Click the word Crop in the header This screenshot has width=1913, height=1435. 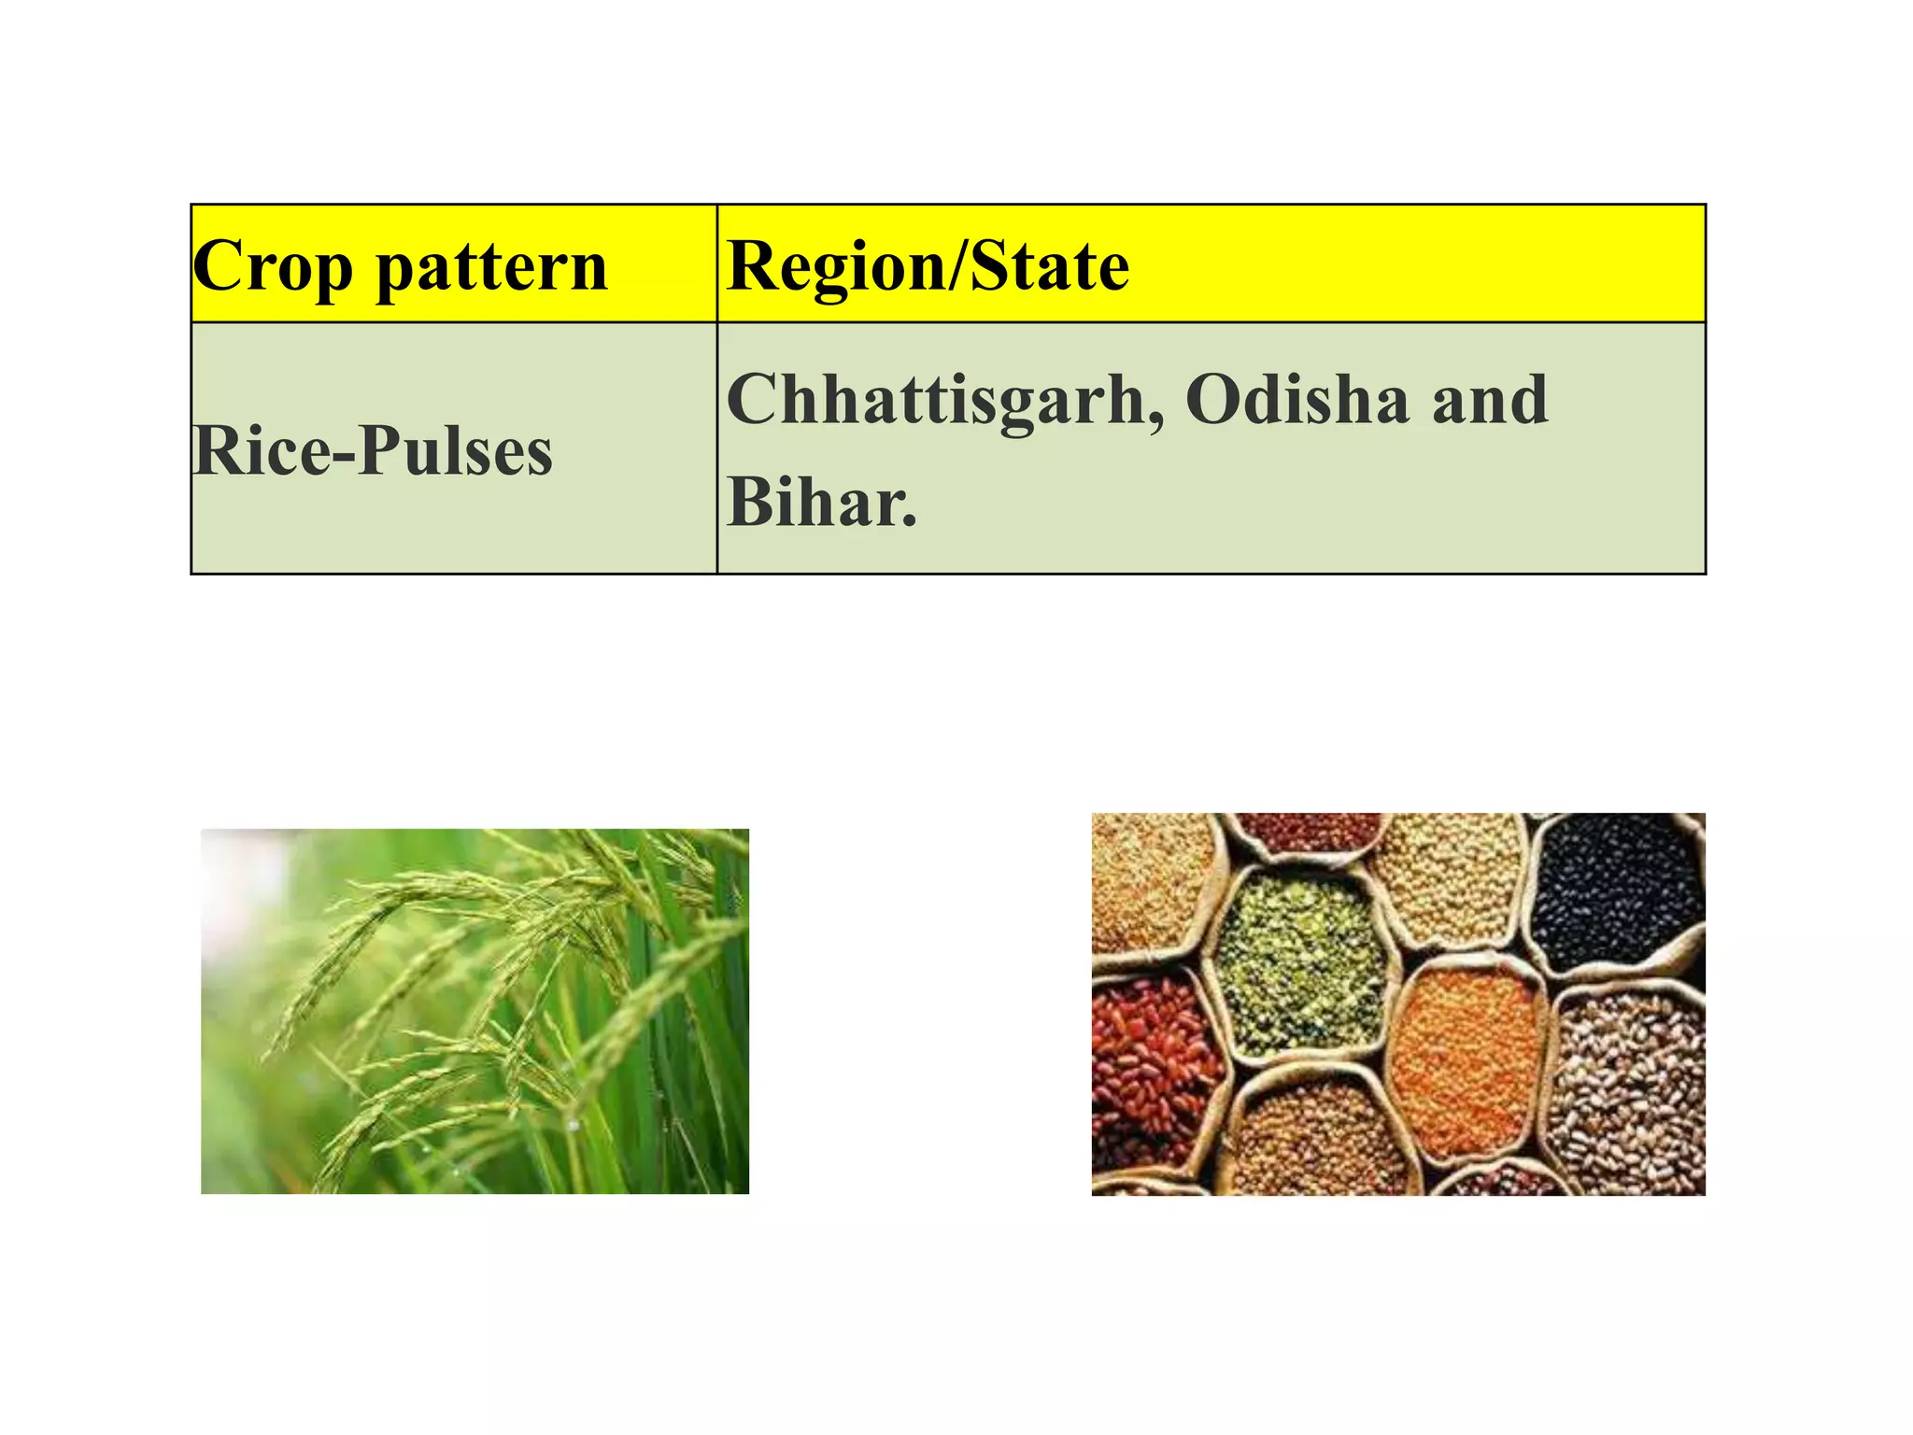[273, 267]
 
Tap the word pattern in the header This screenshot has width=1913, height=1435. [491, 267]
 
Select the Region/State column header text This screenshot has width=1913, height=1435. [928, 267]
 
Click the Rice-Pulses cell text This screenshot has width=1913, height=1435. [373, 451]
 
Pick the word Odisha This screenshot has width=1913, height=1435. [1297, 399]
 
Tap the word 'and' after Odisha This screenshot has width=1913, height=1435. [1490, 399]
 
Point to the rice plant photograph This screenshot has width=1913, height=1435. [475, 1011]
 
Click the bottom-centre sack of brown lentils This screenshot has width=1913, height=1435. [1322, 1140]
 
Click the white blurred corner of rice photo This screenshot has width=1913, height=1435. [234, 869]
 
